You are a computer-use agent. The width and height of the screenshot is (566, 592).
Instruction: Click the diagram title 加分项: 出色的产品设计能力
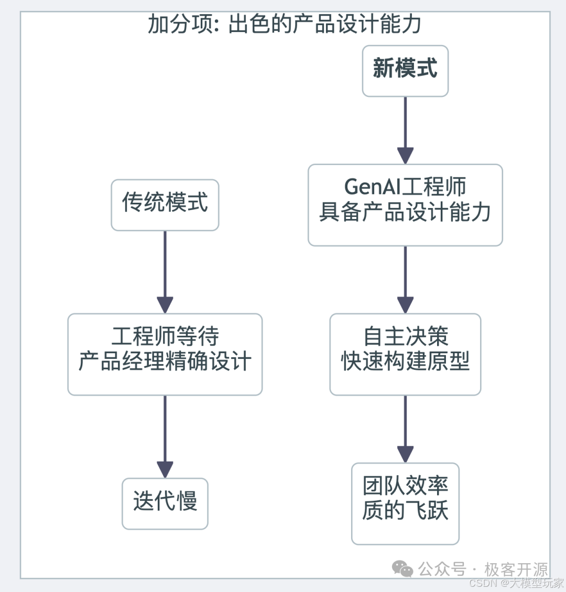(x=284, y=24)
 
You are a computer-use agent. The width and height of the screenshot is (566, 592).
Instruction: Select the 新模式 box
(x=405, y=71)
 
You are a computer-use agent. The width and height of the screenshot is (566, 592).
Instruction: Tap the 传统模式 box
(x=165, y=204)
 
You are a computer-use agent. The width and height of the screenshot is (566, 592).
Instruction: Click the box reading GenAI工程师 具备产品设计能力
(x=405, y=205)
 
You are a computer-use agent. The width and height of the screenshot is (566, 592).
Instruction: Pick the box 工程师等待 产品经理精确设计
(x=165, y=354)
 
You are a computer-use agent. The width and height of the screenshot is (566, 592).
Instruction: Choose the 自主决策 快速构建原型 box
(x=405, y=354)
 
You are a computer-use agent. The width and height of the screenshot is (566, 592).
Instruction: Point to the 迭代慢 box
(x=165, y=503)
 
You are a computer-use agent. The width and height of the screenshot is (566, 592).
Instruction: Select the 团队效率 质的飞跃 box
(x=405, y=503)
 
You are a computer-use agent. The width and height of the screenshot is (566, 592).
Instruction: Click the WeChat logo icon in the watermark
(x=402, y=568)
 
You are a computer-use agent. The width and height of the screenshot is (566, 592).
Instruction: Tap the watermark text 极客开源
(x=516, y=569)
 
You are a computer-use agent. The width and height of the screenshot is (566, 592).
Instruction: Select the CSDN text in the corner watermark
(x=482, y=583)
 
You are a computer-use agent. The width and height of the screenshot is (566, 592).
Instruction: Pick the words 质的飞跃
(x=405, y=511)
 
